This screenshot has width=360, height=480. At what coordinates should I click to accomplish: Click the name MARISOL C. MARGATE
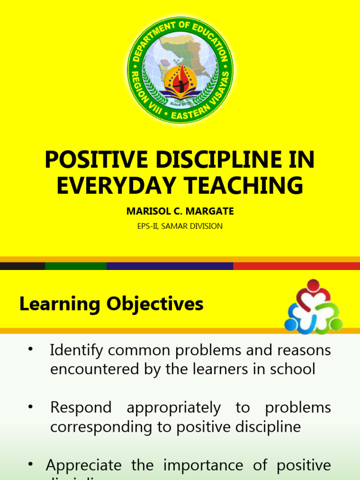coord(180,211)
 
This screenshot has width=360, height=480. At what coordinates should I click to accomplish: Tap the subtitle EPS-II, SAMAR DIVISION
coord(180,226)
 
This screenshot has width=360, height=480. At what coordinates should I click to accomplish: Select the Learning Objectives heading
coord(111,304)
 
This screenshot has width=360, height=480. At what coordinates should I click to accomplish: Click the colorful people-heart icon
coord(314,307)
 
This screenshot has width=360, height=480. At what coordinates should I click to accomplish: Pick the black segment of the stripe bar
coord(22,266)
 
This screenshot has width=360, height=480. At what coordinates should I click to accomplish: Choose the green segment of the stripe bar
coord(75,266)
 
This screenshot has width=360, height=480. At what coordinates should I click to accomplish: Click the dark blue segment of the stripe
coord(170,266)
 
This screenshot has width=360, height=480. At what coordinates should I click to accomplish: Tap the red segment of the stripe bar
coord(296,266)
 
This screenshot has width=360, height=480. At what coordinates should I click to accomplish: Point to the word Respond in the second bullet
coord(81,408)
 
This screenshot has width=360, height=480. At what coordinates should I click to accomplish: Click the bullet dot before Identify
coord(30,349)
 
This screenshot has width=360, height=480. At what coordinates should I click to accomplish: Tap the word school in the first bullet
coord(295,369)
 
